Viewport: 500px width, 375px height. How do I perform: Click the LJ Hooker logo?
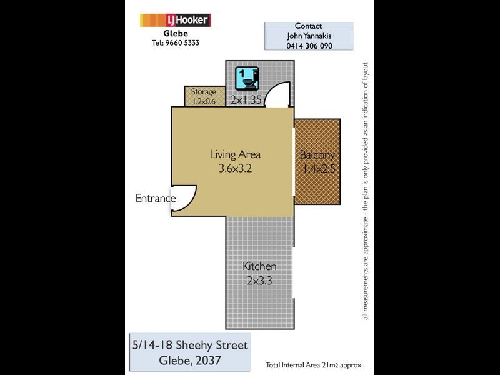pos(175,20)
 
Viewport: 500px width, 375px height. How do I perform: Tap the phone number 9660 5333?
pos(183,43)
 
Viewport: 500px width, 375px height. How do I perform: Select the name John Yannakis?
pos(309,36)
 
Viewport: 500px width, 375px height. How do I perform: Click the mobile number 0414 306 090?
pos(309,46)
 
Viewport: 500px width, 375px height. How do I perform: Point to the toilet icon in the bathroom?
pos(247,79)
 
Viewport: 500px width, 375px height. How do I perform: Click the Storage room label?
pos(203,92)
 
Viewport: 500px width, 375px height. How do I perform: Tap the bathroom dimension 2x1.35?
pos(245,99)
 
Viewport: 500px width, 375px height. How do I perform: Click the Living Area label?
pos(235,154)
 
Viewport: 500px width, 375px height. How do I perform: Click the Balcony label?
pos(317,155)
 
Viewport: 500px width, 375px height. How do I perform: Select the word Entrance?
pos(155,199)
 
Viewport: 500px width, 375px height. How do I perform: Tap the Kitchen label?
pos(259,266)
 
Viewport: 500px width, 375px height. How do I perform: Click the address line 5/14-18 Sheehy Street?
pos(189,345)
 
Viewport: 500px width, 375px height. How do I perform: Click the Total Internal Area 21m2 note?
pos(312,364)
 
